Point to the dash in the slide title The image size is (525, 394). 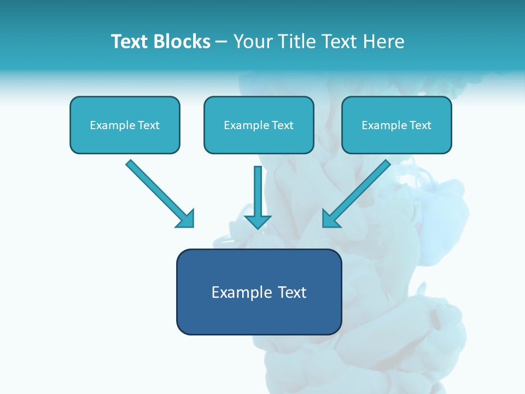click(x=221, y=42)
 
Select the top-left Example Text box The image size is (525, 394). click(x=125, y=125)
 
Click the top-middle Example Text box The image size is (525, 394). click(x=259, y=125)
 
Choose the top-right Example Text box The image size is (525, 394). click(x=396, y=125)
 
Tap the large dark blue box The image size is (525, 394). click(x=259, y=292)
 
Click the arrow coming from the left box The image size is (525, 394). click(x=159, y=193)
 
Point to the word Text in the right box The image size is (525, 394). click(x=420, y=125)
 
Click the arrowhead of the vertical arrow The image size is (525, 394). click(x=258, y=221)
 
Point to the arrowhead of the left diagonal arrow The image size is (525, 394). click(x=186, y=219)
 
